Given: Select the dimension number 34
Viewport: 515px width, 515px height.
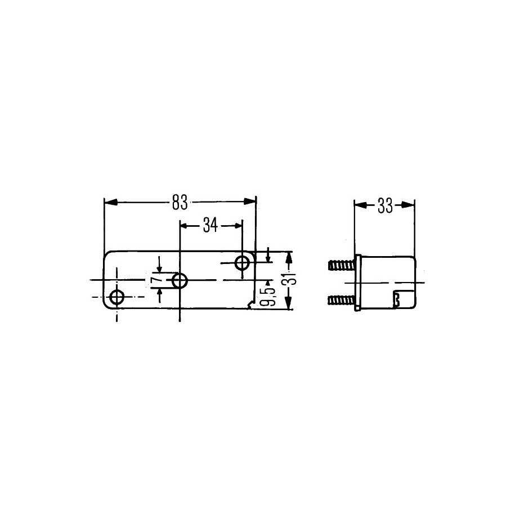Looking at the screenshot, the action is coord(211,226).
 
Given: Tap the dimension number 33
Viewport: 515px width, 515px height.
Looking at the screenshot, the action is coord(385,206).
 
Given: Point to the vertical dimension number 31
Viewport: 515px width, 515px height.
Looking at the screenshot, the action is coord(289,280).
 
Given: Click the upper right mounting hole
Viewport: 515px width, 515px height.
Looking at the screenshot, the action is coord(243,263).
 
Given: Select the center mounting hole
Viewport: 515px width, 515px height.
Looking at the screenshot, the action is coord(180,281).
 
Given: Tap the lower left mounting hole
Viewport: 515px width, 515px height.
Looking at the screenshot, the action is coord(117,297).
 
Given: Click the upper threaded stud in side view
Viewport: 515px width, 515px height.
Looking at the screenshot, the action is coord(342,265).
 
